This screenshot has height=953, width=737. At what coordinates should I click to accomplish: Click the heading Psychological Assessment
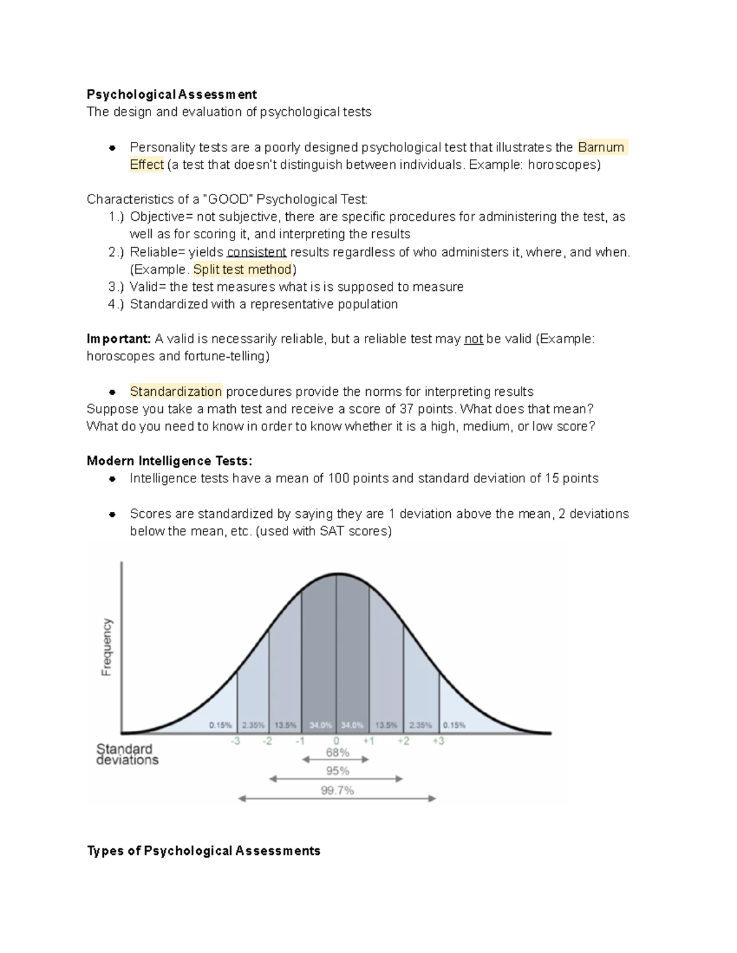coord(171,94)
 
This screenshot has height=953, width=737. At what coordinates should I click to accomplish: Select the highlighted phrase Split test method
coord(243,269)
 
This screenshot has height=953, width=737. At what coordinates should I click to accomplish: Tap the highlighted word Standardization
coord(176,392)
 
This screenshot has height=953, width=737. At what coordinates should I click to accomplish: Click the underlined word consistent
coord(257,252)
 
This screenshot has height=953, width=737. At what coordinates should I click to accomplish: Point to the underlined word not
coord(473,339)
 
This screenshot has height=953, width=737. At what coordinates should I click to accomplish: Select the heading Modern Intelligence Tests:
coord(170,461)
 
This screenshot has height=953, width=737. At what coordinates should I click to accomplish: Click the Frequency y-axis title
coord(107,647)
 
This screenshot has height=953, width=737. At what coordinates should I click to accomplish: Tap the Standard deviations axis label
coord(127,754)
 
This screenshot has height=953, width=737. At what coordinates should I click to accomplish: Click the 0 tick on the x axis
coord(336,741)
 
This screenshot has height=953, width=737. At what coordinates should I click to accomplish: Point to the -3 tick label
coord(235,741)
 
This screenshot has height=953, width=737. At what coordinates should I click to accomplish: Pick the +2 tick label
coord(403,741)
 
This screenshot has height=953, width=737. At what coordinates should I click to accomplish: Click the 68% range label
coord(337,752)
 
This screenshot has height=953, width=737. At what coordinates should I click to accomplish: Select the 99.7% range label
coord(337,790)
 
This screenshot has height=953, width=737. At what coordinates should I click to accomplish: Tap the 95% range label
coord(337,771)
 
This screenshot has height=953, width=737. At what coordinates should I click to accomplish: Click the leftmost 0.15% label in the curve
coord(220,725)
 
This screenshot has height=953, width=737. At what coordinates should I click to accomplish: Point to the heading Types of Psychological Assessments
coord(203,851)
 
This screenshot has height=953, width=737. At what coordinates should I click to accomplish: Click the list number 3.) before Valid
coord(116,287)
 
